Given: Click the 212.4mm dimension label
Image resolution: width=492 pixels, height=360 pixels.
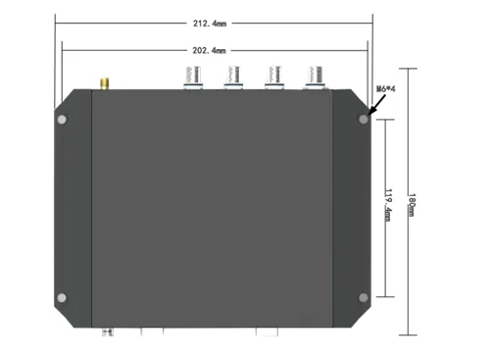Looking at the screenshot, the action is pos(210,24).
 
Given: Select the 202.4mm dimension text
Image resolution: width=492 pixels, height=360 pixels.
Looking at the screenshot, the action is pos(209,51).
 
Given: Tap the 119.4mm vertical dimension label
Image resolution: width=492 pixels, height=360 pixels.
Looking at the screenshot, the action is pos(388,205).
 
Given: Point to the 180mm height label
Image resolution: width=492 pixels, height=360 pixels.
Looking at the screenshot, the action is pos(412,205).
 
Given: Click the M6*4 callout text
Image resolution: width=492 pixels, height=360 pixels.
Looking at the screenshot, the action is pos(386,88).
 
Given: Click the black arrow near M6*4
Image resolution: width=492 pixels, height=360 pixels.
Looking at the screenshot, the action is pos(376,105).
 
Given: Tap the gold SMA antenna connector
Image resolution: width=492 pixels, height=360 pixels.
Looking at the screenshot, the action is pos(105,83).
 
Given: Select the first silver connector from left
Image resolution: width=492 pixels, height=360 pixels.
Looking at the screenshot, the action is pos(193,77).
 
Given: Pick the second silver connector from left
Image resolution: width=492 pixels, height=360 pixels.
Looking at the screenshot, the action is pos(233,77).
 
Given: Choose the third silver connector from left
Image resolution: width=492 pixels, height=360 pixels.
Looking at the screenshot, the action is pos(274,77).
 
